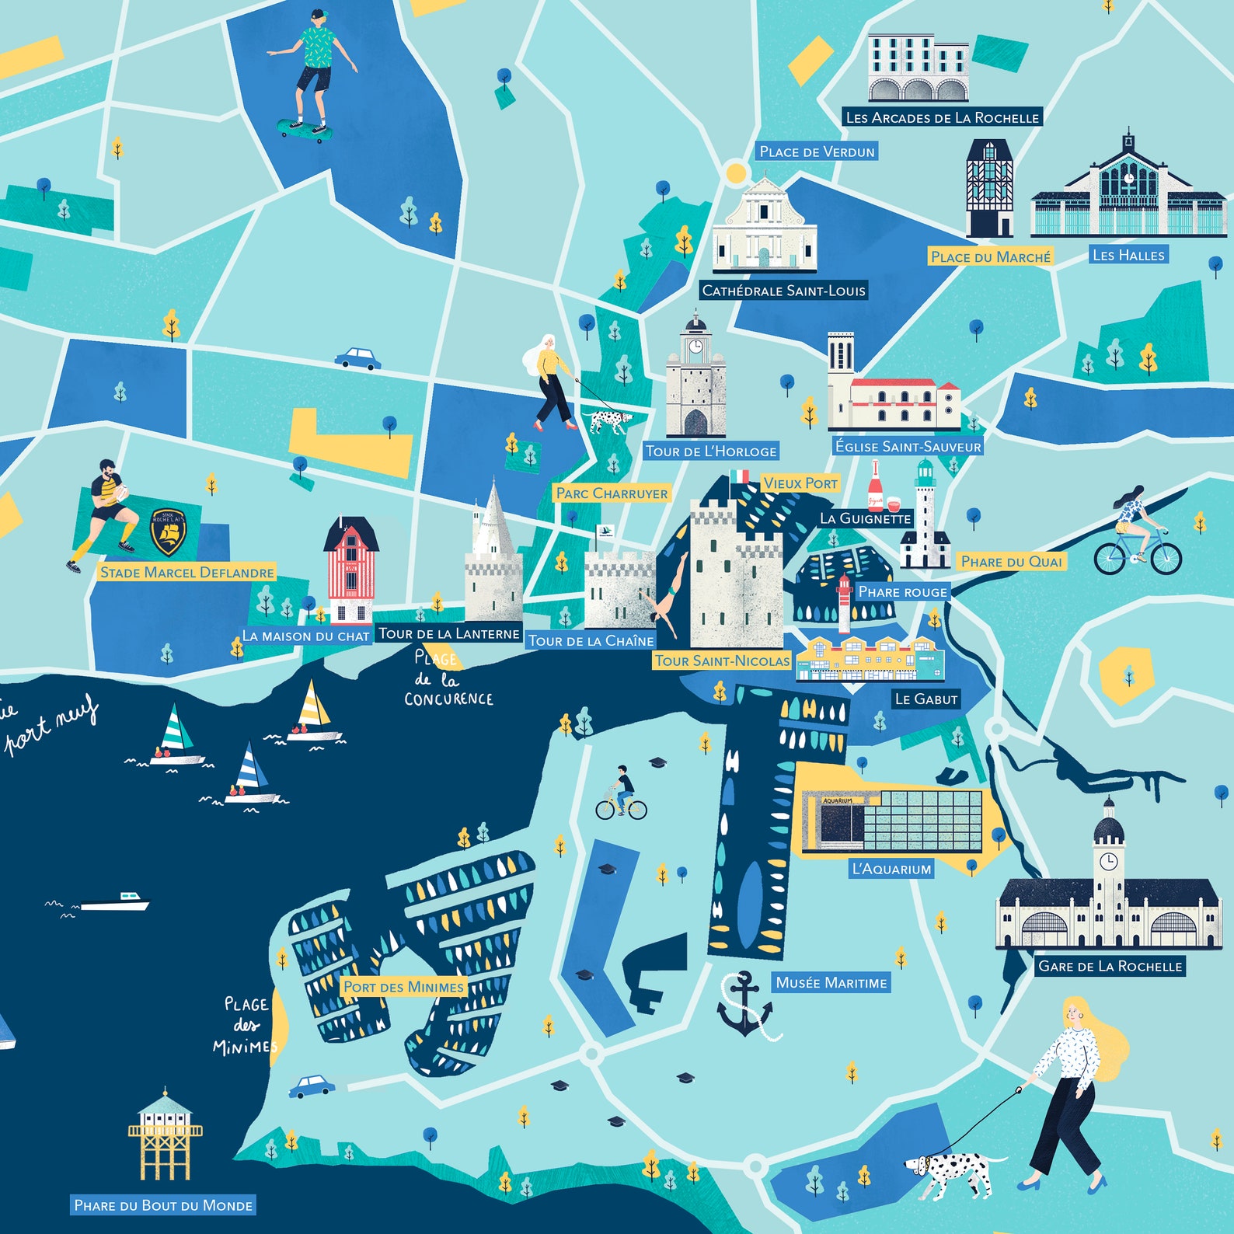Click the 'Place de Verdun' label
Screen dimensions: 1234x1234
click(x=817, y=152)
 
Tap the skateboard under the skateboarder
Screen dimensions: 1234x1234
click(x=305, y=129)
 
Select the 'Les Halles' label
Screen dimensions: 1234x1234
click(x=1128, y=255)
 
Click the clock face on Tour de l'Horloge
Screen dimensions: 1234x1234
click(x=695, y=346)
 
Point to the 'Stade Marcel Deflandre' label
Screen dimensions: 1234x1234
click(x=187, y=573)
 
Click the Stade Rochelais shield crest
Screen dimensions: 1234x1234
click(x=168, y=531)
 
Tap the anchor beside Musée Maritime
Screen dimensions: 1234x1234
click(x=744, y=1004)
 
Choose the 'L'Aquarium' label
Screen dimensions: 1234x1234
click(x=891, y=869)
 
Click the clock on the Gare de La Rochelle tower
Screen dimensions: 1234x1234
click(x=1108, y=861)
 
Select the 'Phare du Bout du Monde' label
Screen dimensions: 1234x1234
click(x=163, y=1205)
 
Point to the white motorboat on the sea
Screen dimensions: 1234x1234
click(x=114, y=903)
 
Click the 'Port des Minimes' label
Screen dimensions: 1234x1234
click(x=403, y=987)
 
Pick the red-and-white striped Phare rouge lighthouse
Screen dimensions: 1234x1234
click(x=844, y=604)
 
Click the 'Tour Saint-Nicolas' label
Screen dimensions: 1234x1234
click(x=722, y=661)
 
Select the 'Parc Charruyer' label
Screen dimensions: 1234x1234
click(x=612, y=493)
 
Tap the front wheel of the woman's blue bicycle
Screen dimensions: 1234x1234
click(x=1166, y=557)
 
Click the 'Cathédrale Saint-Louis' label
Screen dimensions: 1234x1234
click(x=783, y=291)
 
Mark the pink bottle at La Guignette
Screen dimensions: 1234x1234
click(x=876, y=487)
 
